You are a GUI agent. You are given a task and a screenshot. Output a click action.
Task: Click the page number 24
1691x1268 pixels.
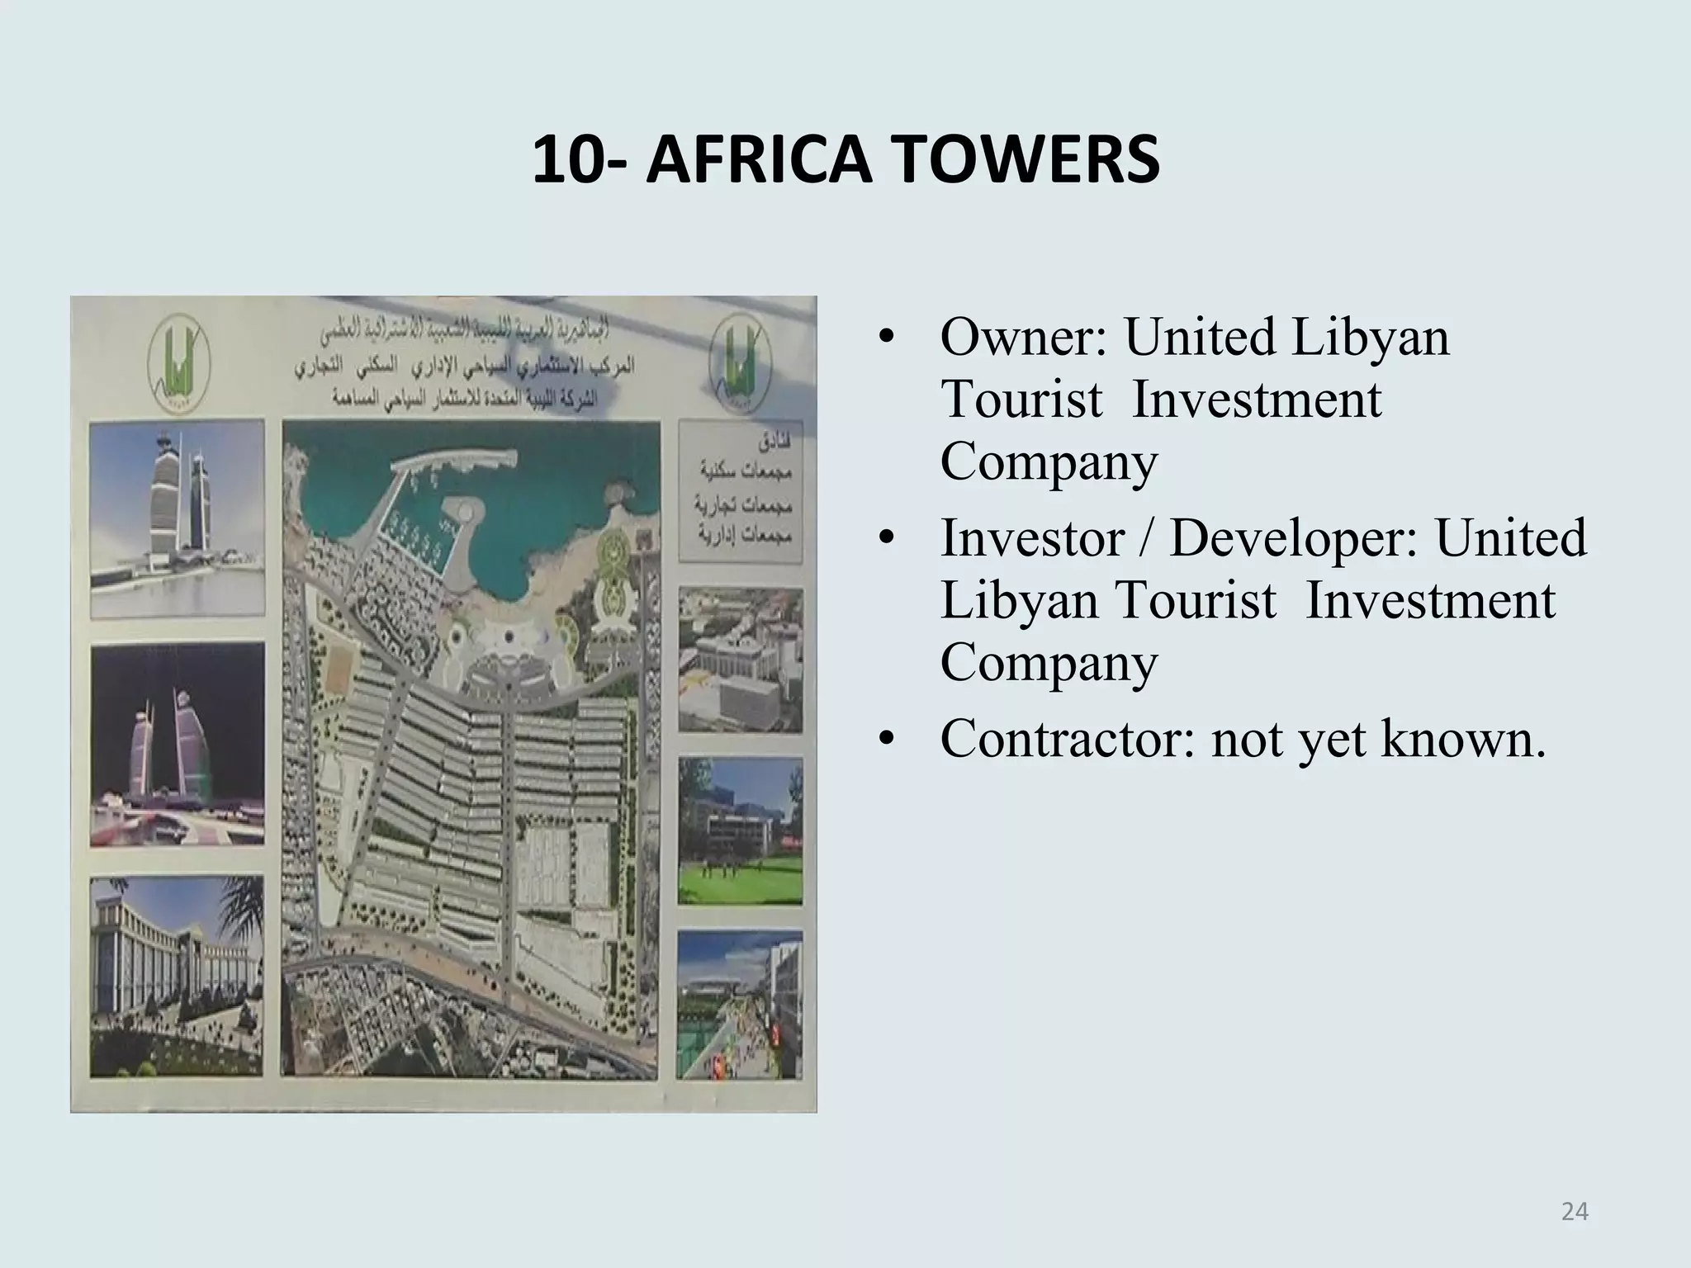click(x=1575, y=1211)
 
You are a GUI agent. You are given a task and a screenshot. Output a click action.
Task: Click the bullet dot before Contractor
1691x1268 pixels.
click(x=887, y=740)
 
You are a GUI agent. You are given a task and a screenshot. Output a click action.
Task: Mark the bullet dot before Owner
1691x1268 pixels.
click(x=887, y=339)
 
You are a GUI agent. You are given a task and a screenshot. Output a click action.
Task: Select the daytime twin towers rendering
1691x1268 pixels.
click(x=177, y=520)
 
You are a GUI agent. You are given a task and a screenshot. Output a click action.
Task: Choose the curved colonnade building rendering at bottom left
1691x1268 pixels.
click(x=177, y=976)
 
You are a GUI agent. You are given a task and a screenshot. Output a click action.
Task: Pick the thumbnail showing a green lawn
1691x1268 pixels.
click(x=740, y=830)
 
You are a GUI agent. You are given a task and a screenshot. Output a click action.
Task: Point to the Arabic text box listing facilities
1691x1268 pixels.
click(x=740, y=491)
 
